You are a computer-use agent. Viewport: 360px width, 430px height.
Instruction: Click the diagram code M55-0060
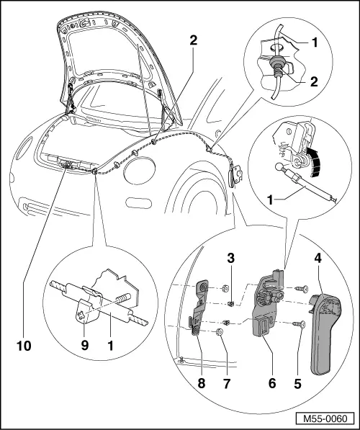pyautogui.click(x=325, y=418)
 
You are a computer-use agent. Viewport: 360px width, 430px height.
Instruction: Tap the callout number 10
pyautogui.click(x=24, y=346)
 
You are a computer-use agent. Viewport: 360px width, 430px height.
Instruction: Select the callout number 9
pyautogui.click(x=85, y=346)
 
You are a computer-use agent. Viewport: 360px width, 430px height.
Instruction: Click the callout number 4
pyautogui.click(x=318, y=259)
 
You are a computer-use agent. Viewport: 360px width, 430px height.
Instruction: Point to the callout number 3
pyautogui.click(x=231, y=259)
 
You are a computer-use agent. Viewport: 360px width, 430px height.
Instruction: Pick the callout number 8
pyautogui.click(x=202, y=383)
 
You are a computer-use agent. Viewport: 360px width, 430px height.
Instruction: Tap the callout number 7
pyautogui.click(x=227, y=383)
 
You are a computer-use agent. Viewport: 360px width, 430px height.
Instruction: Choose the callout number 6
pyautogui.click(x=272, y=383)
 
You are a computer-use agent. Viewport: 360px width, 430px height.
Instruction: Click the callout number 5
pyautogui.click(x=298, y=383)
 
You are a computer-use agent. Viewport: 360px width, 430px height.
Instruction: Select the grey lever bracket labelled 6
pyautogui.click(x=266, y=305)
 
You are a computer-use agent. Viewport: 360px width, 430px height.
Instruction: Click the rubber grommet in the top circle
pyautogui.click(x=276, y=63)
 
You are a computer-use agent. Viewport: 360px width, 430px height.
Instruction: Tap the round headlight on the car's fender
pyautogui.click(x=140, y=171)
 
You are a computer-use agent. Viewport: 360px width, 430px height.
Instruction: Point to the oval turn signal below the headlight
pyautogui.click(x=139, y=202)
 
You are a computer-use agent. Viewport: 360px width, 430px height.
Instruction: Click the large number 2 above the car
pyautogui.click(x=193, y=41)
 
